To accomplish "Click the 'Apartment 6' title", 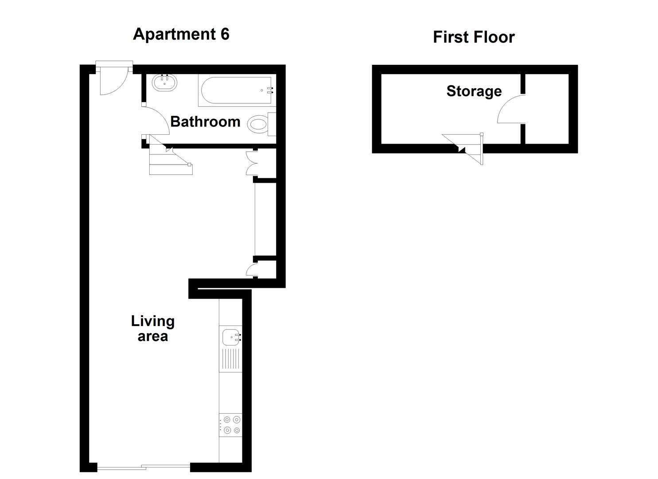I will pos(181,34).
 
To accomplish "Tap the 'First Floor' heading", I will pos(473,37).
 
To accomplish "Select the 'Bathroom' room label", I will pos(205,122).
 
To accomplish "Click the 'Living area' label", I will pos(152,328).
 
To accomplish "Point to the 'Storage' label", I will pos(474,91).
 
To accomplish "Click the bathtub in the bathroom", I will pos(236,90).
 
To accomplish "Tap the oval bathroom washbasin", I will pos(164,83).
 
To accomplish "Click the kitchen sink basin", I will pos(230,337).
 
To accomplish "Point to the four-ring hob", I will pos(230,425).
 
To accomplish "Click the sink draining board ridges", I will pos(230,359).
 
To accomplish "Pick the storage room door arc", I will pos(511,110).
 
